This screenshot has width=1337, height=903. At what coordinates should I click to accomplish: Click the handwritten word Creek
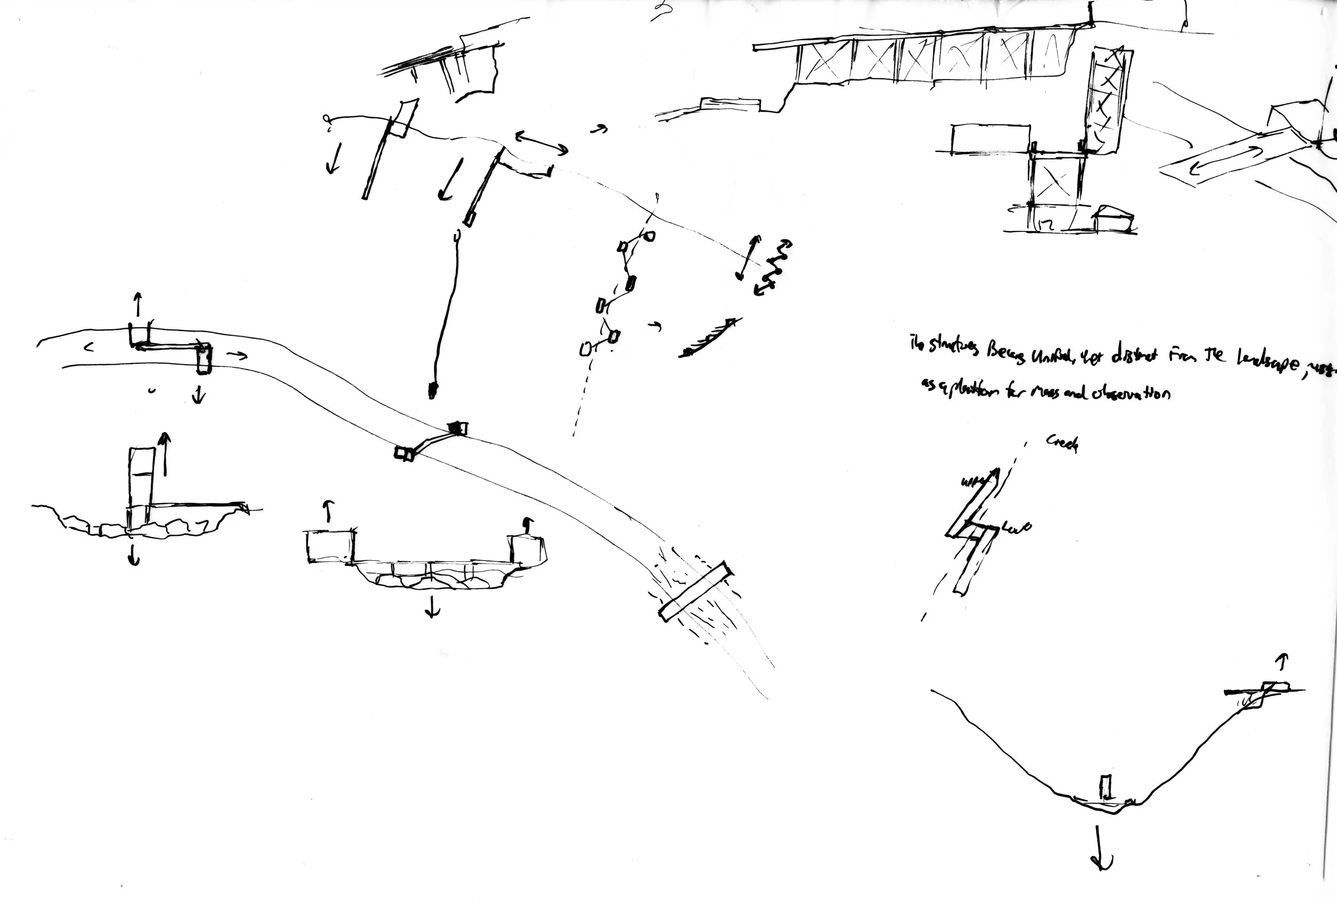(x=1062, y=443)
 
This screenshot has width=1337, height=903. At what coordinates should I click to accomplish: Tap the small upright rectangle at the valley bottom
(x=1105, y=786)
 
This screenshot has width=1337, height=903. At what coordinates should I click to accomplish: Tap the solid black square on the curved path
(x=458, y=428)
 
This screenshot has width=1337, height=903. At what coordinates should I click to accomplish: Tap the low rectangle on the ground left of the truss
(x=731, y=105)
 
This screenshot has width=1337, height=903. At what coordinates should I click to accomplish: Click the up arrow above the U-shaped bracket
(x=137, y=304)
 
